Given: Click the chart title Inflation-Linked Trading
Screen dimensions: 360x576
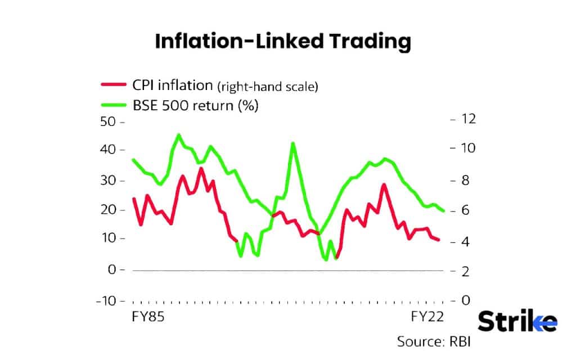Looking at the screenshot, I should [x=283, y=42].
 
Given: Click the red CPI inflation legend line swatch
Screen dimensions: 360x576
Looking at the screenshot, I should [x=112, y=84].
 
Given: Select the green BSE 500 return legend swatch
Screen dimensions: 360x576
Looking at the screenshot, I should [x=112, y=105].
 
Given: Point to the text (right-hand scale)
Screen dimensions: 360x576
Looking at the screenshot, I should [x=268, y=86].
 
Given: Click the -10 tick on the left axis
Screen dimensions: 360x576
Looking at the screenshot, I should [x=107, y=300].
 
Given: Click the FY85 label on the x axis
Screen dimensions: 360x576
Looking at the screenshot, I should [x=148, y=317].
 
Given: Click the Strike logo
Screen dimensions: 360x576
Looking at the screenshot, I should [x=517, y=322].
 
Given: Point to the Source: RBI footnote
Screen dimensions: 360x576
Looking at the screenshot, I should [x=433, y=341].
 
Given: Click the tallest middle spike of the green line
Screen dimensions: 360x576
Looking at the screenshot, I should [x=293, y=143].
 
